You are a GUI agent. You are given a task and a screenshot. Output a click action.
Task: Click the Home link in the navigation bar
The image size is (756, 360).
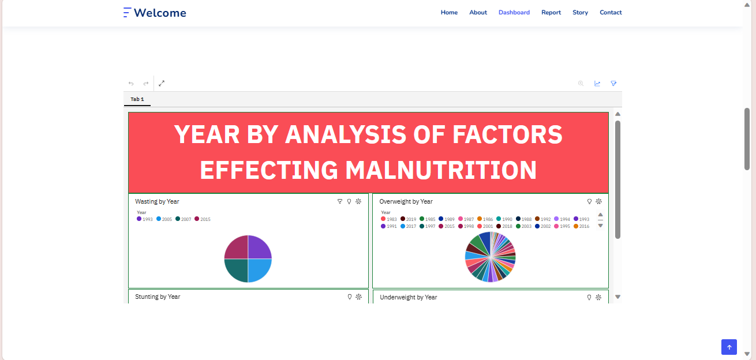click(x=449, y=12)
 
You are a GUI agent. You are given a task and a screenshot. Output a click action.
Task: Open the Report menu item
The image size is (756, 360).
click(x=551, y=12)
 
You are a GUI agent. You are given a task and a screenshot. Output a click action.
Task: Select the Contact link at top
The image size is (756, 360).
click(x=611, y=12)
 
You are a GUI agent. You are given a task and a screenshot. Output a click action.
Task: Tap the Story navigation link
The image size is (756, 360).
click(x=580, y=12)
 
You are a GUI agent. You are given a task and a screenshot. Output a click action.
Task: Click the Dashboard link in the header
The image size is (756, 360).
click(x=514, y=12)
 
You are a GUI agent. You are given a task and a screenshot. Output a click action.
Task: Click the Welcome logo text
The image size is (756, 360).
click(x=160, y=13)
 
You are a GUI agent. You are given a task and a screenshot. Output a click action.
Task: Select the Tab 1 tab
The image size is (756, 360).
click(x=137, y=99)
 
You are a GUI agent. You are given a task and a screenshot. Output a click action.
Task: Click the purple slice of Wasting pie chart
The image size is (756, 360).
click(x=259, y=247)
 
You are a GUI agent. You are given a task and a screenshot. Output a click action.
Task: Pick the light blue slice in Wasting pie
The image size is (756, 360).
click(x=259, y=270)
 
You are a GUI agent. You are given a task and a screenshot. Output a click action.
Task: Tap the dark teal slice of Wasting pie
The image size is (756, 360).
click(x=237, y=270)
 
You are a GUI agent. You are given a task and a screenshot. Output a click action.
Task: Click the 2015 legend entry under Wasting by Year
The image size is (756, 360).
click(x=203, y=219)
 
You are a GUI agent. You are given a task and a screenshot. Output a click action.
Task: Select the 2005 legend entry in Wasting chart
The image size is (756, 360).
click(x=164, y=219)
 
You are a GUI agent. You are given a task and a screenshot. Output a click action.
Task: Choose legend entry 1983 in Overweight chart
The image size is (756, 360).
click(x=389, y=219)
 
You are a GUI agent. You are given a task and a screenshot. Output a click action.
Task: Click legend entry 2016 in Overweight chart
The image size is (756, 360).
click(x=582, y=226)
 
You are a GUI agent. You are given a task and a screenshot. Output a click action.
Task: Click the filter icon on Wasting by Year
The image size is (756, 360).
click(x=340, y=201)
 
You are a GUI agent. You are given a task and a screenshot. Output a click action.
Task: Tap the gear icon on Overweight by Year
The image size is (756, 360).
click(x=598, y=201)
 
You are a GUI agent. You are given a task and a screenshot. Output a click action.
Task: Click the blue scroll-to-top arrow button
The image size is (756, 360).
click(x=729, y=347)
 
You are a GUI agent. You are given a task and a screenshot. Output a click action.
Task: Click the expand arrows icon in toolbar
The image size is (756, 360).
click(x=162, y=83)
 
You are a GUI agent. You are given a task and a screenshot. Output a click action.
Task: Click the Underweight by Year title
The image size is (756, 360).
click(x=408, y=297)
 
